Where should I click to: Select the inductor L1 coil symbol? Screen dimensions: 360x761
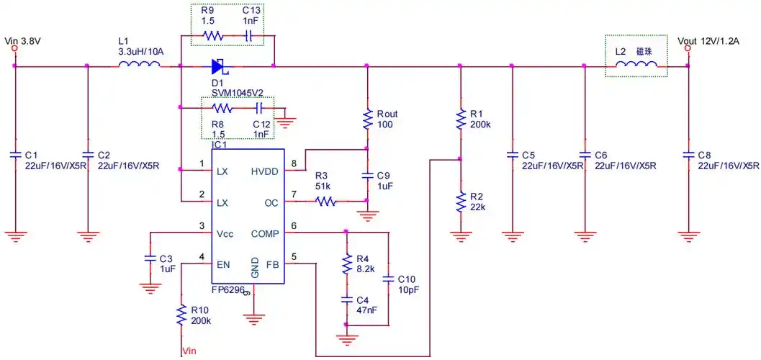pyautogui.click(x=139, y=66)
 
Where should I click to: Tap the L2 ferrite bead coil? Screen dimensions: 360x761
pyautogui.click(x=636, y=66)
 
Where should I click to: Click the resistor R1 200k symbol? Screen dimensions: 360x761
pyautogui.click(x=460, y=120)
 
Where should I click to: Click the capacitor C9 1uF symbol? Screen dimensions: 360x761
pyautogui.click(x=367, y=175)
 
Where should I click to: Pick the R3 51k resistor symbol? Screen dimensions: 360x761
pyautogui.click(x=325, y=202)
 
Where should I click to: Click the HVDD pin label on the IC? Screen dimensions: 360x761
pyautogui.click(x=264, y=171)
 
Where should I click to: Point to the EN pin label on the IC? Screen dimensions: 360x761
pyautogui.click(x=223, y=264)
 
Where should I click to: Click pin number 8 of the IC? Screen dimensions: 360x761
pyautogui.click(x=294, y=165)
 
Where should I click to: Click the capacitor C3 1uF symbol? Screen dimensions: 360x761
pyautogui.click(x=150, y=257)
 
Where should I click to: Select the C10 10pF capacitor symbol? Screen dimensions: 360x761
pyautogui.click(x=389, y=278)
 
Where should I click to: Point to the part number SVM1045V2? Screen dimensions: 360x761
pyautogui.click(x=238, y=91)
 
